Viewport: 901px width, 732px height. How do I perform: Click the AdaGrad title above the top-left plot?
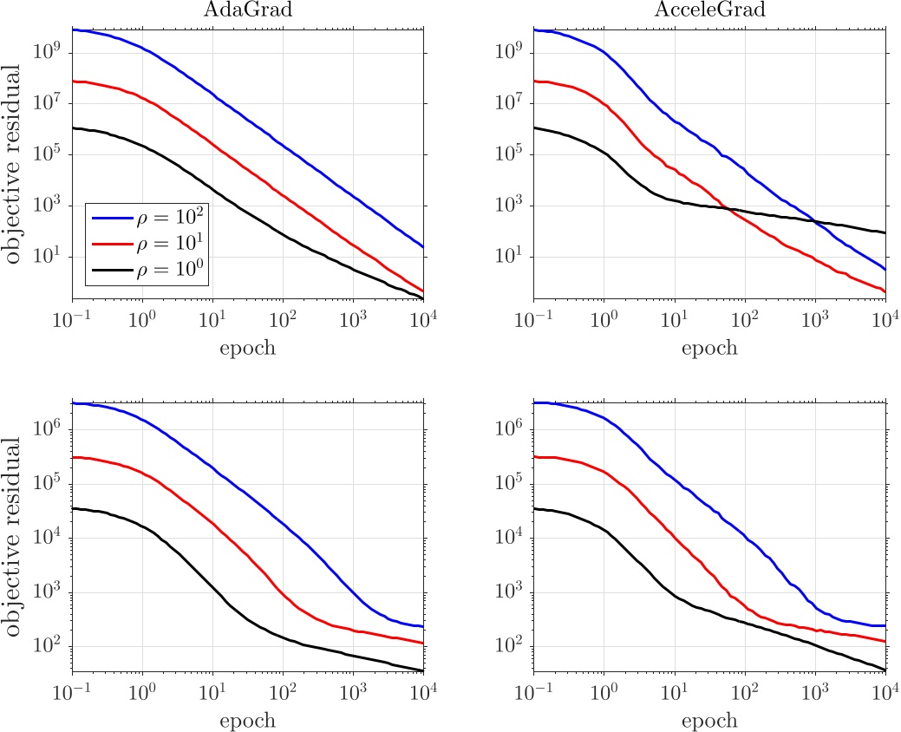[x=247, y=10]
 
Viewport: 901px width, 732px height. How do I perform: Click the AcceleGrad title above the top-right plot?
[x=708, y=10]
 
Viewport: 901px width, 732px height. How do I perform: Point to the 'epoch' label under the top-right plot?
[x=708, y=348]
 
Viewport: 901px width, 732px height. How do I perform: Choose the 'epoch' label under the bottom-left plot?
[x=247, y=721]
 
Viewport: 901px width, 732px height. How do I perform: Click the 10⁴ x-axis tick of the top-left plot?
[x=423, y=318]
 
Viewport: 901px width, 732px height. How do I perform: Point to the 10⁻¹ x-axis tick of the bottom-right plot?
[x=534, y=691]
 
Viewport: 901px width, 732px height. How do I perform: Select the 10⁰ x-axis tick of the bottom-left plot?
[x=142, y=691]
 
